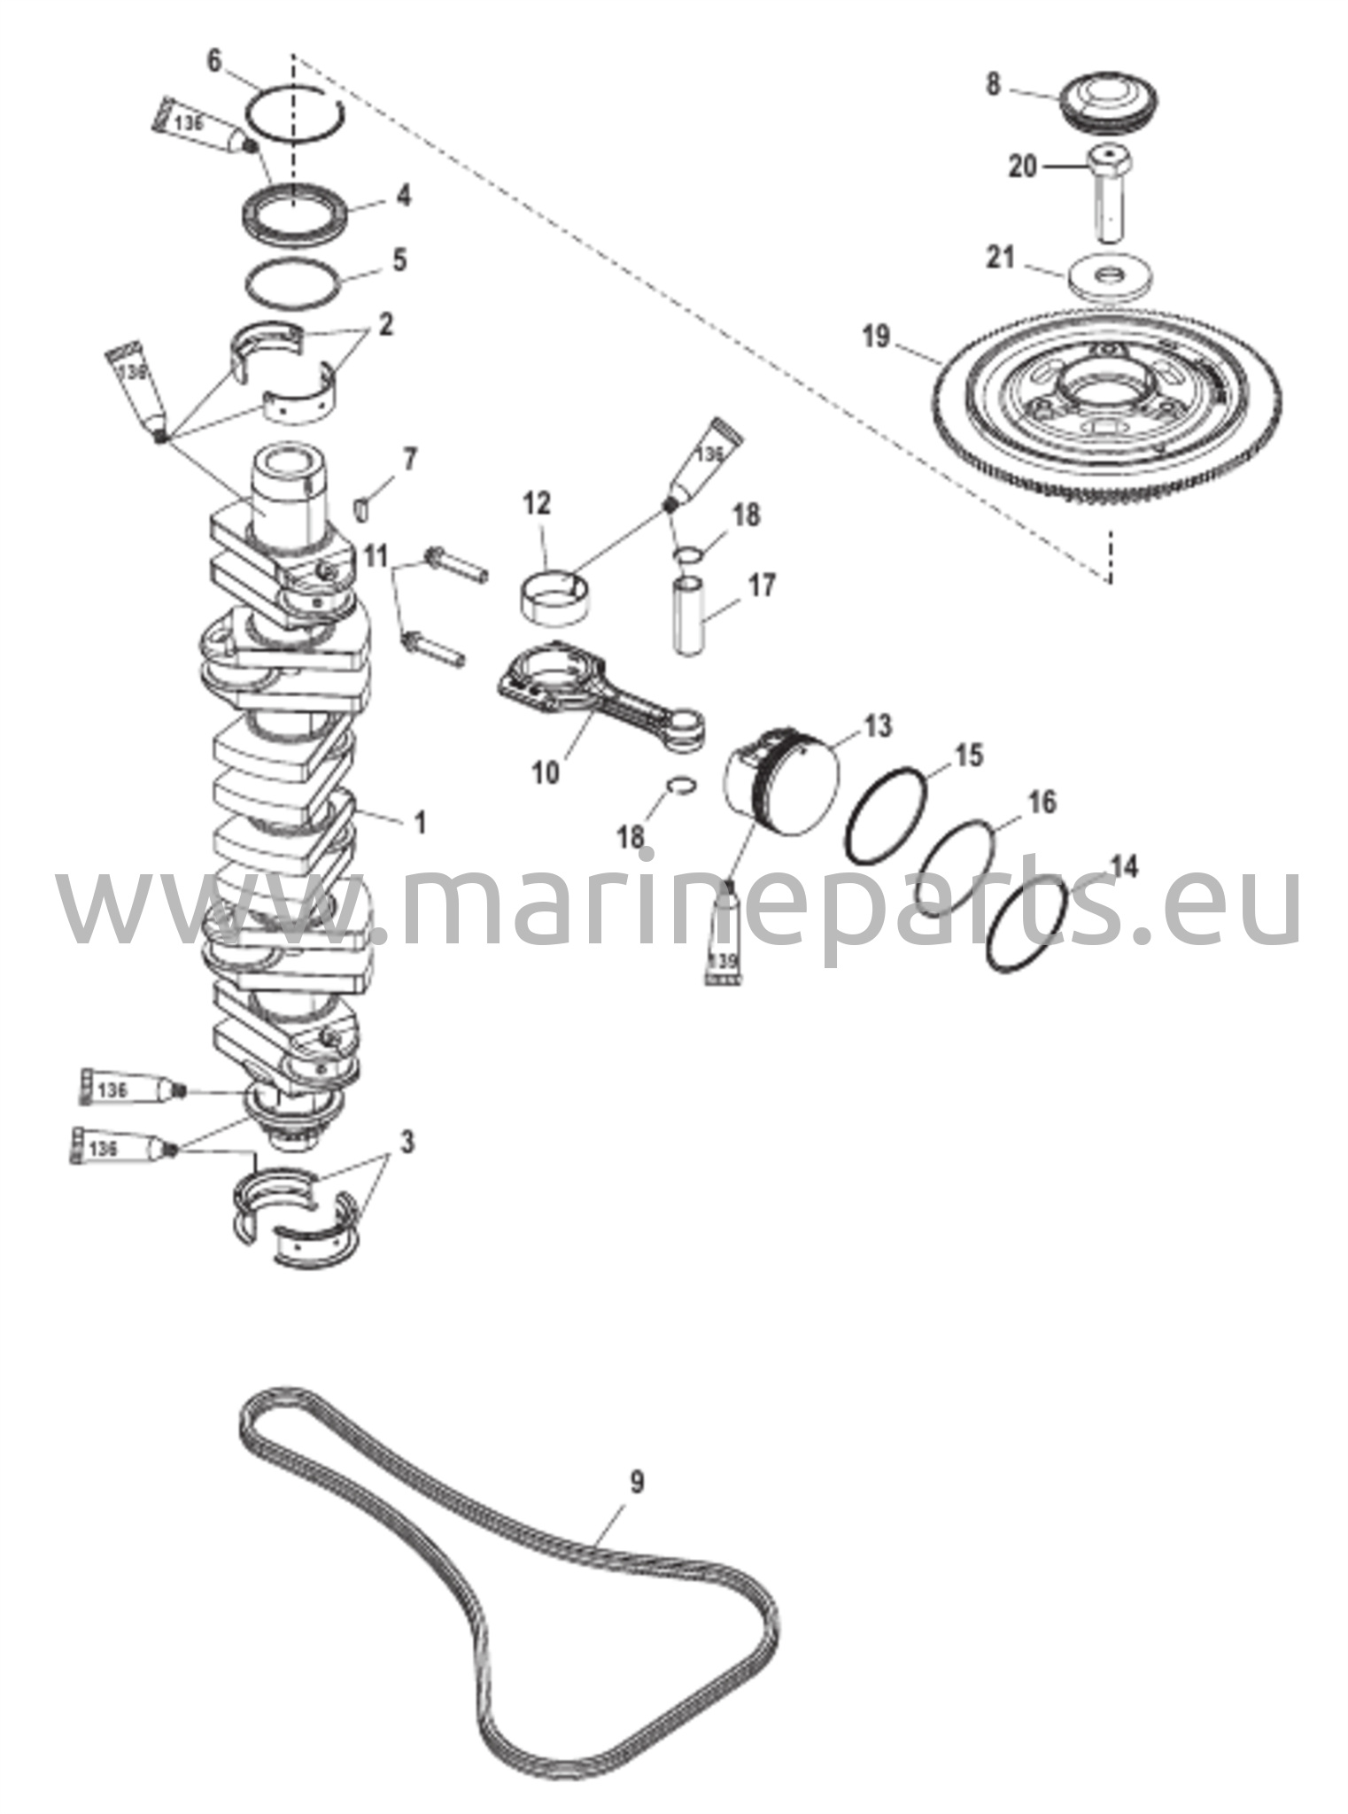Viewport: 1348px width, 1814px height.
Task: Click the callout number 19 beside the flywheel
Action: (x=876, y=337)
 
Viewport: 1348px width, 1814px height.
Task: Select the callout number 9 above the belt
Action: (x=637, y=1480)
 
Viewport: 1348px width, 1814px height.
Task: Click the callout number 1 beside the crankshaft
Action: (x=420, y=823)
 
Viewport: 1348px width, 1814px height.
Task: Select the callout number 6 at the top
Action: (x=215, y=61)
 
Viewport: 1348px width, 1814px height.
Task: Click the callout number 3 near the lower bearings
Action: (x=407, y=1142)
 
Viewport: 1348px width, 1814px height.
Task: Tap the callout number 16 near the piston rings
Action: (x=1042, y=802)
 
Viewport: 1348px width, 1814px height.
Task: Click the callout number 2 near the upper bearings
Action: (x=385, y=325)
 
